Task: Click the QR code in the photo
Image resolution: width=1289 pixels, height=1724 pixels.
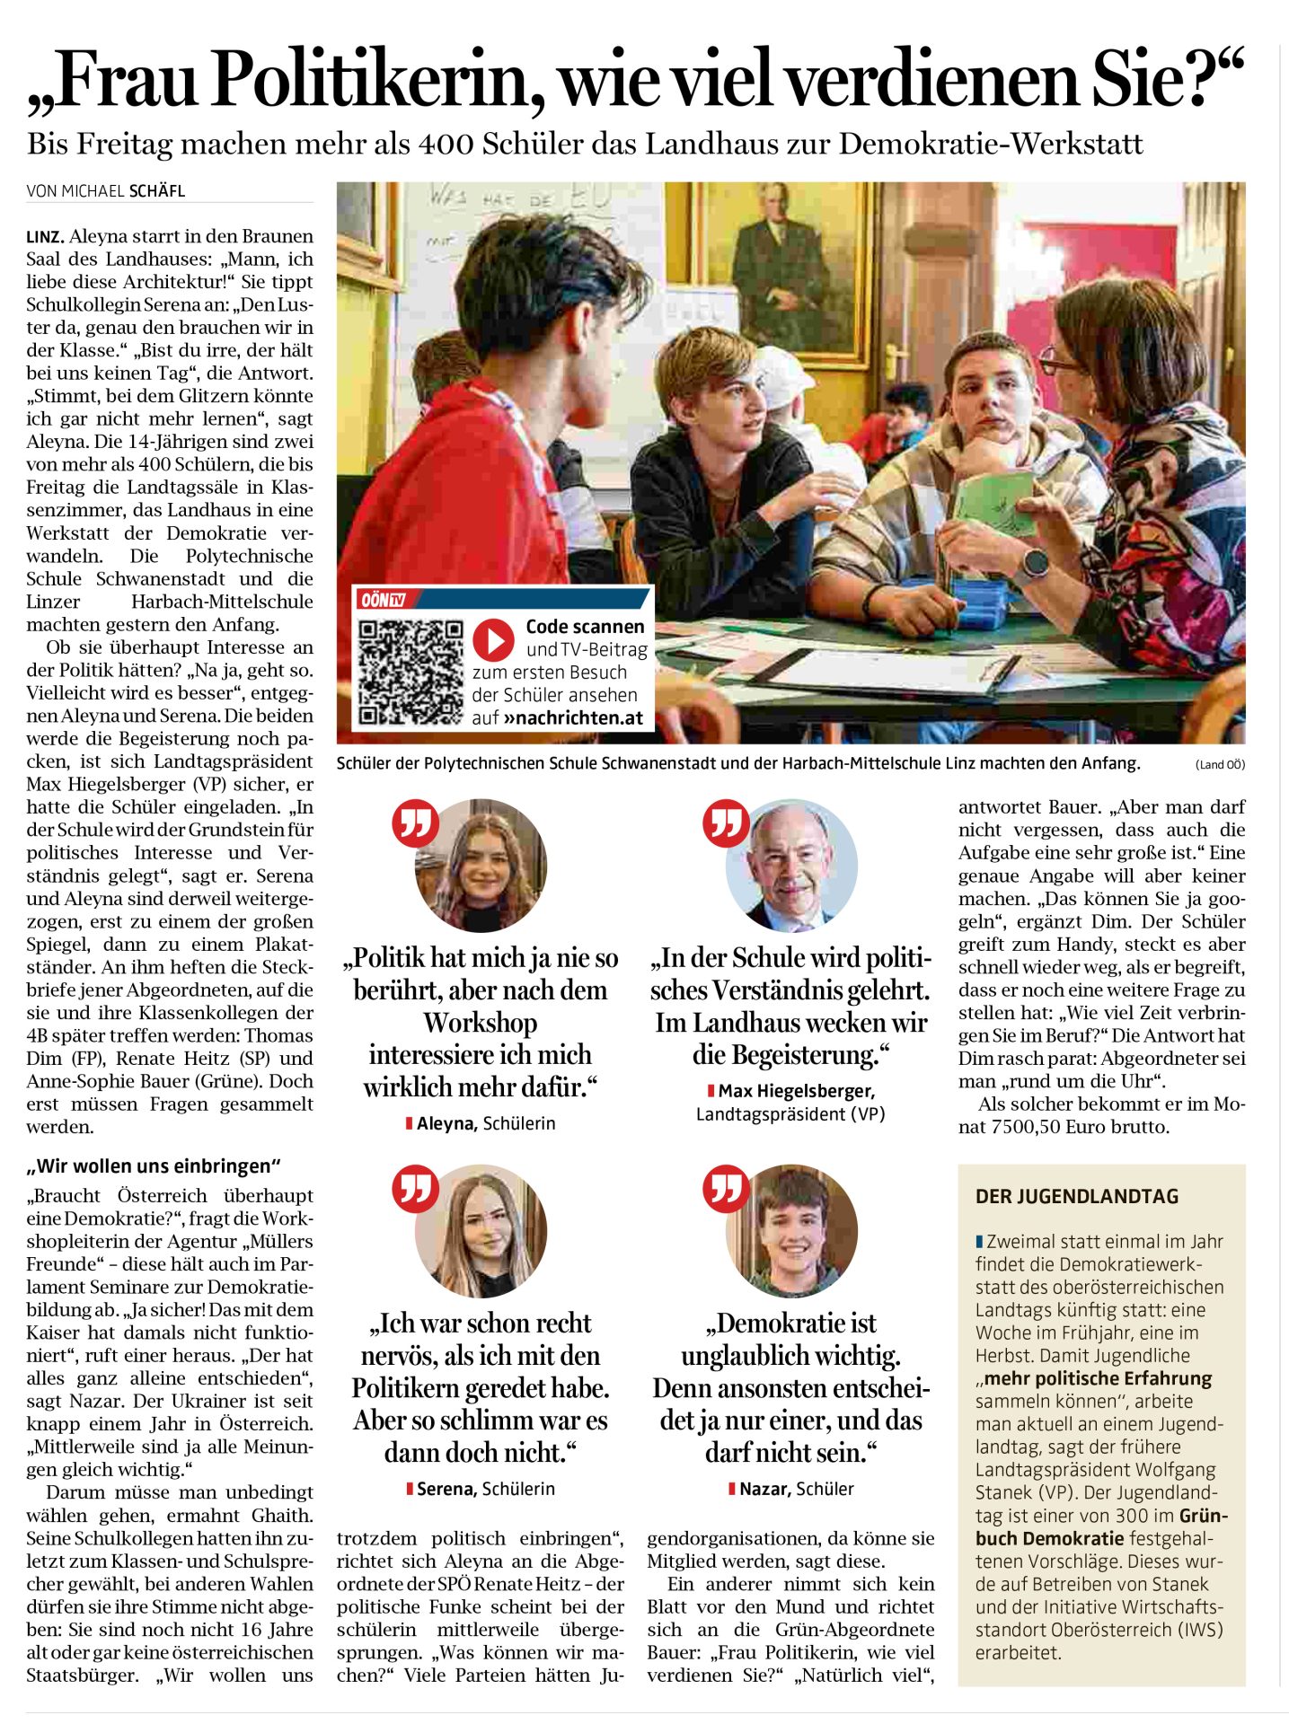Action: click(411, 671)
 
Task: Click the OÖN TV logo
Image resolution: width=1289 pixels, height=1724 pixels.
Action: click(383, 600)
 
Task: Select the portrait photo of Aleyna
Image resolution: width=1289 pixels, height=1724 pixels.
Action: click(481, 866)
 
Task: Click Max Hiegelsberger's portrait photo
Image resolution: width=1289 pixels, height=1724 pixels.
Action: click(791, 866)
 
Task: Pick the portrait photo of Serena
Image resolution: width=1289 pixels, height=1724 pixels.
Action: click(481, 1231)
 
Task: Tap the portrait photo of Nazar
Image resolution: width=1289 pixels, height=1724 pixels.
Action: click(791, 1231)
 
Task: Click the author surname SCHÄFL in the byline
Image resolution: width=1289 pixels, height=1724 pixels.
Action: click(157, 190)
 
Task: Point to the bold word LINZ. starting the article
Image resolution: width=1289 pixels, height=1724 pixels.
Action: click(45, 237)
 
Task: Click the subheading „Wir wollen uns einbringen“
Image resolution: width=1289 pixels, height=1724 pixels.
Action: click(154, 1166)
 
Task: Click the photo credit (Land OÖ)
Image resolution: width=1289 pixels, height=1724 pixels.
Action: click(1220, 765)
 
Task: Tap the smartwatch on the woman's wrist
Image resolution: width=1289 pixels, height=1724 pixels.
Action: click(1034, 563)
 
